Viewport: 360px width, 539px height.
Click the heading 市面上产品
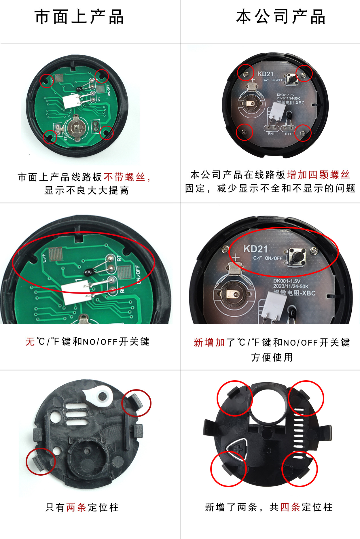(79, 17)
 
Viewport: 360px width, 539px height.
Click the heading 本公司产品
(281, 17)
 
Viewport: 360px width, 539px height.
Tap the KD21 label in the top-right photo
(265, 74)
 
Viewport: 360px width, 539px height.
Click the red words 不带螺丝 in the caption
(124, 177)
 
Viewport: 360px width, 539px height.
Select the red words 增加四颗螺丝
(319, 175)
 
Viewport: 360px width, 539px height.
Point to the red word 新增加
(209, 342)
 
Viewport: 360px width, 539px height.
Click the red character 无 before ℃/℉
(30, 342)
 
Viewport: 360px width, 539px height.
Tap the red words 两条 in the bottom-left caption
(76, 507)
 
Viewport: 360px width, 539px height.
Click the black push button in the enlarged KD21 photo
(298, 256)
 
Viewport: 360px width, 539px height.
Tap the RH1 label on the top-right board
(271, 134)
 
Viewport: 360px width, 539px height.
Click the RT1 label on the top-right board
(288, 134)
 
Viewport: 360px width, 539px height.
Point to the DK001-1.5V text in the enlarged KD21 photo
(287, 281)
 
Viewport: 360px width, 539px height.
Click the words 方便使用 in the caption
(272, 357)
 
